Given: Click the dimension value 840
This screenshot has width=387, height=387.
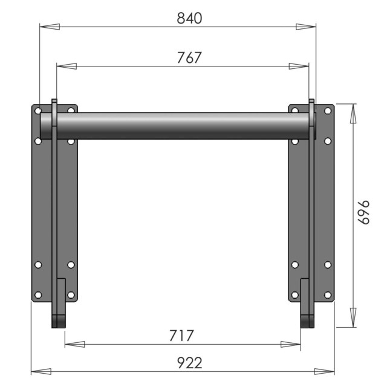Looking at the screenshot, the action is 189,18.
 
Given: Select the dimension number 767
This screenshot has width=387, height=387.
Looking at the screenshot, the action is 189,58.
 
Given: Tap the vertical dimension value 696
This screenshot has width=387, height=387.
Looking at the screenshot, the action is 364,212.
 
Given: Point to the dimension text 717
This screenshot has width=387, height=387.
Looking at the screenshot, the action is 181,336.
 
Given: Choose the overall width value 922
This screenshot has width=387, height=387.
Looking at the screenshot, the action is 189,363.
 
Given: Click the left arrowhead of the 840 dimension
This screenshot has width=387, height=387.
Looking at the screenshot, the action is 50,27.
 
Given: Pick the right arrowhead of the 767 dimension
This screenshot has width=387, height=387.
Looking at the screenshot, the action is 299,66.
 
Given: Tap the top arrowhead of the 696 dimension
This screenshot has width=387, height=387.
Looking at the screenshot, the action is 353,114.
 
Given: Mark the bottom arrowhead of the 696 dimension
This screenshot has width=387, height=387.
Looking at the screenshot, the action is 353,317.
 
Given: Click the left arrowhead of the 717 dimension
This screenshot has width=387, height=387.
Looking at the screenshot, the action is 75,344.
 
